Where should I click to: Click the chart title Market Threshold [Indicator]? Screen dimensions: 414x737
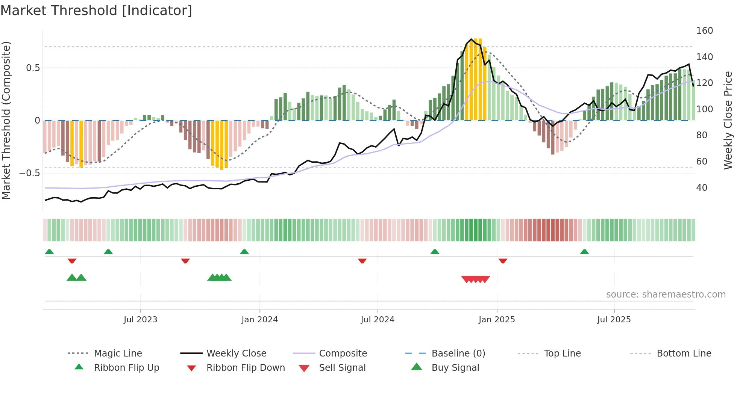click(x=96, y=11)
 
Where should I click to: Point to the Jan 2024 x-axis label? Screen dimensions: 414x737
click(x=259, y=320)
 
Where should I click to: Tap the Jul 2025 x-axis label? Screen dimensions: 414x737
click(x=614, y=320)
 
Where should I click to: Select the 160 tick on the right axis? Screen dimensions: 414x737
click(x=704, y=31)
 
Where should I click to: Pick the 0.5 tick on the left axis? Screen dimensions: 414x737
click(x=33, y=68)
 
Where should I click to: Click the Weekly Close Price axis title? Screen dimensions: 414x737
click(x=728, y=120)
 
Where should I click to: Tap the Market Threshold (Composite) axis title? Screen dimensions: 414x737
click(x=6, y=120)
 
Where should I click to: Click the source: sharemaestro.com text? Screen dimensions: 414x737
click(x=666, y=295)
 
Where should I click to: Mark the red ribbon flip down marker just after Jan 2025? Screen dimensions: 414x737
click(x=503, y=261)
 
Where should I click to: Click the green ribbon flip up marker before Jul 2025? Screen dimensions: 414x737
click(x=584, y=252)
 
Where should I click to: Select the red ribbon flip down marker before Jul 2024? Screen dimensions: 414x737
click(x=362, y=261)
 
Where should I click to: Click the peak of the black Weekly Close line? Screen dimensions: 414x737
click(x=471, y=39)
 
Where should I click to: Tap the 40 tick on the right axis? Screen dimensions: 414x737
click(x=702, y=188)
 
